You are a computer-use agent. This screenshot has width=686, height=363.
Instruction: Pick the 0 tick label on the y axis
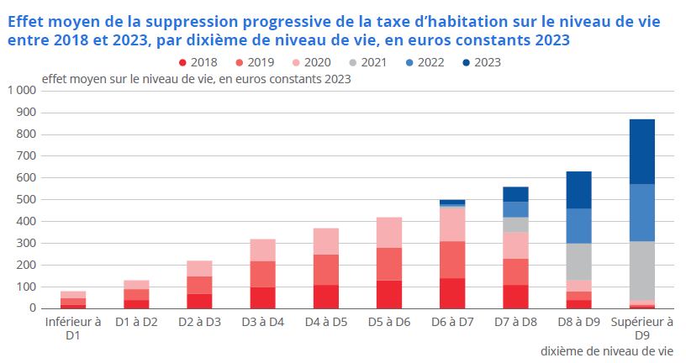32,308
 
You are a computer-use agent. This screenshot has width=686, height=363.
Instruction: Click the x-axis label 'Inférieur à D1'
73,328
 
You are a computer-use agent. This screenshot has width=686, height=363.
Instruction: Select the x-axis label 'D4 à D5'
325,322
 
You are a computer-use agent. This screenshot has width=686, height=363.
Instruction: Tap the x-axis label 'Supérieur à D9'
641,328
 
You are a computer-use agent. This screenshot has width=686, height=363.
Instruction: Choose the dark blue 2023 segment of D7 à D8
515,194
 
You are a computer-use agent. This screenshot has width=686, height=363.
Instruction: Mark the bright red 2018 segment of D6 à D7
452,293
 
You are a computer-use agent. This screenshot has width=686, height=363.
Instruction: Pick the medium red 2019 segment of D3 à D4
262,274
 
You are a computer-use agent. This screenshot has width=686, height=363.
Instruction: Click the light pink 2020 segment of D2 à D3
199,268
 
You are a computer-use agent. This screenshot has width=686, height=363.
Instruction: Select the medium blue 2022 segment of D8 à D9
578,225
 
